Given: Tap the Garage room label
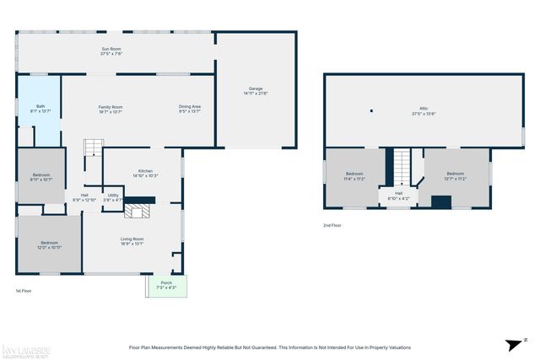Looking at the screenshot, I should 256,90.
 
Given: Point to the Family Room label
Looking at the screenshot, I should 111,109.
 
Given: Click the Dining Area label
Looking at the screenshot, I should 190,109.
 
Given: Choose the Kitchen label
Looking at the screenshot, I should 146,173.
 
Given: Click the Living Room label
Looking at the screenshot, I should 132,241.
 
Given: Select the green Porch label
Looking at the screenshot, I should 166,285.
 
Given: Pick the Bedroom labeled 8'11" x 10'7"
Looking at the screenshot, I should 41,177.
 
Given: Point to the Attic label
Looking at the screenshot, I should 424,110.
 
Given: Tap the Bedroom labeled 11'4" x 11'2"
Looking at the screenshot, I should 354,176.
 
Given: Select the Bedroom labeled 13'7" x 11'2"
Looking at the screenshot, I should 456,176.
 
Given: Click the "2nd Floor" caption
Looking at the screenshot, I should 332,226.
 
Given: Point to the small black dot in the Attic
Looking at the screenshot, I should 370,110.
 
